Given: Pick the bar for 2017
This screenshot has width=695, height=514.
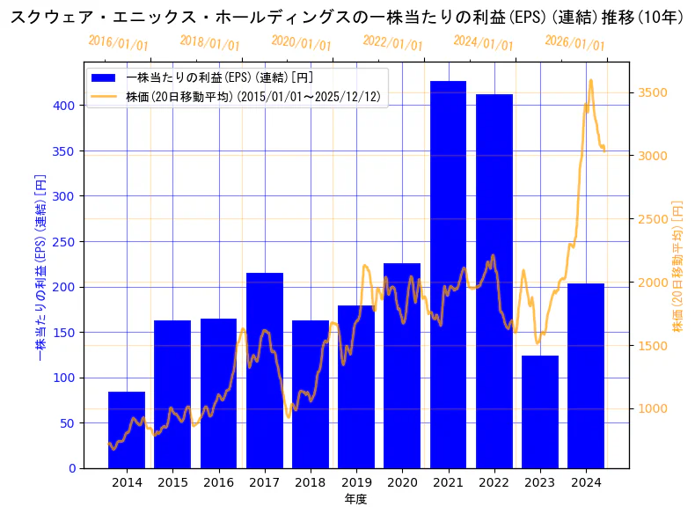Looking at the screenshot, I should click(265, 370).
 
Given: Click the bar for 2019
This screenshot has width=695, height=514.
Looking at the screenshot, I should click(356, 386).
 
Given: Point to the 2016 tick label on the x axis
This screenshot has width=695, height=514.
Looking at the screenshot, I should click(218, 482).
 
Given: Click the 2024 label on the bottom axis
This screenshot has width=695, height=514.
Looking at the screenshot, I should click(586, 482).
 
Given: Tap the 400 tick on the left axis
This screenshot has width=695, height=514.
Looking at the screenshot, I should click(67, 105).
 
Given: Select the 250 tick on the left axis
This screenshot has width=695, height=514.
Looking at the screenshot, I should click(67, 241).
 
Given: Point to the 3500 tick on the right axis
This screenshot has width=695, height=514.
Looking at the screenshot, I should click(652, 92).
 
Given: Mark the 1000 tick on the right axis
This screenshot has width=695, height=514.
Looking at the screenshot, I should click(652, 408).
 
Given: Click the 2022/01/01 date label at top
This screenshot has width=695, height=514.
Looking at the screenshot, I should click(392, 43).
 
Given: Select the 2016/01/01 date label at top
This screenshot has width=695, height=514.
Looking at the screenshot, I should click(119, 43).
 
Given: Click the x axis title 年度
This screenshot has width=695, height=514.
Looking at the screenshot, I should click(355, 499).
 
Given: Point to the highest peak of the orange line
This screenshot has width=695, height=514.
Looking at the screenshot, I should click(590, 80).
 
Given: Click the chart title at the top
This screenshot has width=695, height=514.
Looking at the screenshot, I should click(347, 17).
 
